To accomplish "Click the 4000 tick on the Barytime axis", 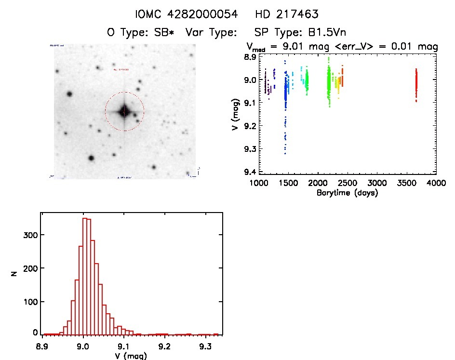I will click(436, 184).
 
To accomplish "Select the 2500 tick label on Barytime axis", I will click(347, 184).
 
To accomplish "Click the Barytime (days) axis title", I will click(347, 193).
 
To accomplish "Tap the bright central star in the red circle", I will click(124, 111).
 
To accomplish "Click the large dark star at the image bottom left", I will click(91, 158).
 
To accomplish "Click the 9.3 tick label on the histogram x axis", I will click(206, 346).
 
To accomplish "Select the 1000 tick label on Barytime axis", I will click(258, 184).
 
